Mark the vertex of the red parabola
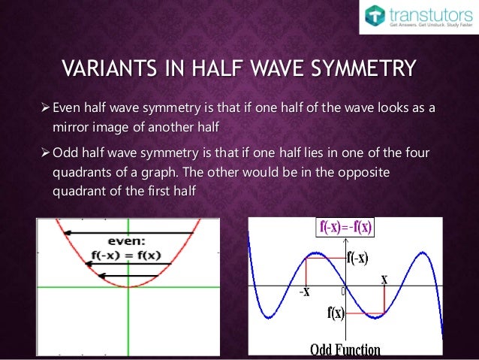(129, 286)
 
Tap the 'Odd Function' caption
(345, 350)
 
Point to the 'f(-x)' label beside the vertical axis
(357, 258)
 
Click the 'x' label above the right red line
(384, 279)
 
